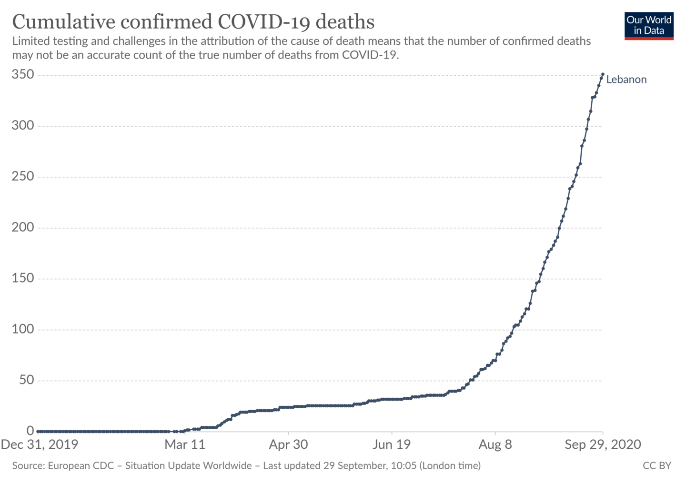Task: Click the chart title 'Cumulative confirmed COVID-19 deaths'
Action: click(x=193, y=22)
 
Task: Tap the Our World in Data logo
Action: click(x=649, y=26)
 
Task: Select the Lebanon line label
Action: click(x=626, y=80)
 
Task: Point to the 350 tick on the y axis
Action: click(x=23, y=75)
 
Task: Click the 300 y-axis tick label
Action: click(x=23, y=126)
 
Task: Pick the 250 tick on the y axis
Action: click(x=23, y=177)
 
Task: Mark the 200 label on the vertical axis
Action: click(x=23, y=228)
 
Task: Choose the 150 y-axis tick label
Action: click(x=23, y=279)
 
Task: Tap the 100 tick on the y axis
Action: click(x=23, y=329)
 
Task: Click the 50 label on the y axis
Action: click(x=27, y=380)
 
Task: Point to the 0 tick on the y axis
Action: click(x=30, y=431)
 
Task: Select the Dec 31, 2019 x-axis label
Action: click(x=40, y=445)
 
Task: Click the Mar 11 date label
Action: click(x=185, y=445)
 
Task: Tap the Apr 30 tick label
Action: click(x=288, y=445)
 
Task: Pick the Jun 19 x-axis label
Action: click(x=392, y=445)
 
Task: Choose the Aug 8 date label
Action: click(x=495, y=445)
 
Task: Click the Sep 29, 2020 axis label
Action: click(x=603, y=445)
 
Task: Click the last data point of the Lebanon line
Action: click(x=603, y=74)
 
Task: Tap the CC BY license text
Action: click(x=657, y=466)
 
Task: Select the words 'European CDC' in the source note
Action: click(x=81, y=466)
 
